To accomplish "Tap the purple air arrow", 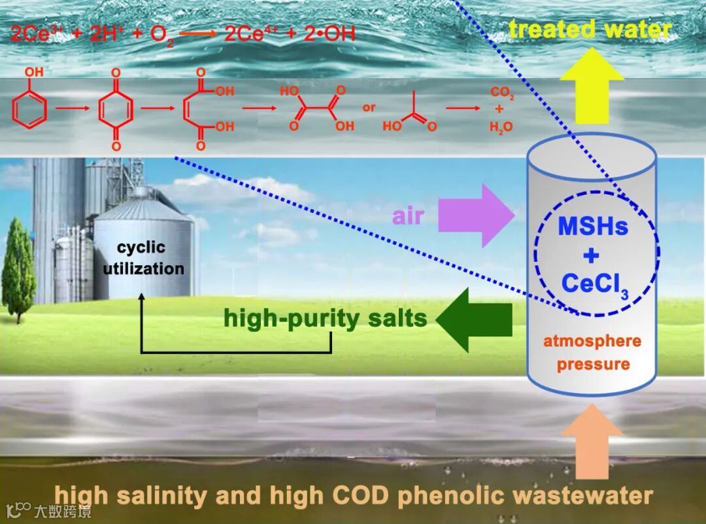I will (477, 216).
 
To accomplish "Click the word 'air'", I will (408, 216).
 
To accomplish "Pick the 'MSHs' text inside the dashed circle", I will (593, 227).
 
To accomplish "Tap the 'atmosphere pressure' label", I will (592, 352).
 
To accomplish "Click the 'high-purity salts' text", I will (325, 319).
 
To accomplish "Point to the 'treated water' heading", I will (590, 29).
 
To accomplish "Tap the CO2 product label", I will (503, 95).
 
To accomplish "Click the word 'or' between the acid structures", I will (369, 107).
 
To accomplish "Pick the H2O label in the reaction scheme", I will (501, 127).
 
